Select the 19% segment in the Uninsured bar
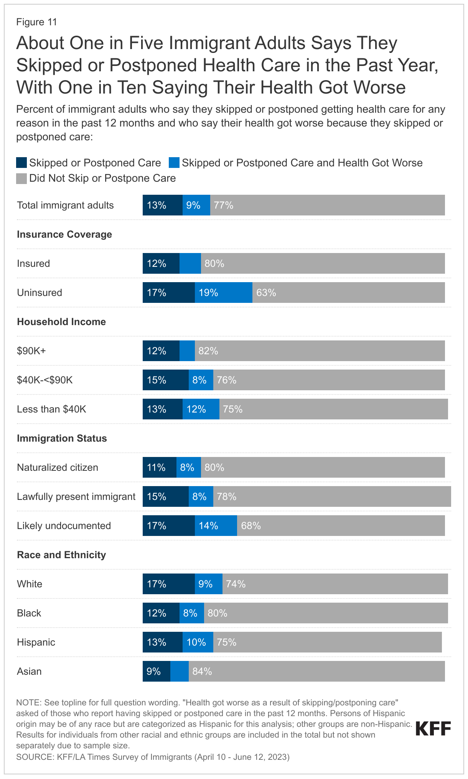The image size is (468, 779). click(x=223, y=293)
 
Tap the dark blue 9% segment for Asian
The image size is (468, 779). click(x=156, y=671)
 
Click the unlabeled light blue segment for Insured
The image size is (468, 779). click(x=190, y=263)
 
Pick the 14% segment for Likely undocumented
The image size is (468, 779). click(x=216, y=526)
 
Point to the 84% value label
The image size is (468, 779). click(x=202, y=671)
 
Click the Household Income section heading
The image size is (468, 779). click(x=61, y=322)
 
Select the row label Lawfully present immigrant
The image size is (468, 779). click(x=76, y=496)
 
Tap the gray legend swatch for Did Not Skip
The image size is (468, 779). click(x=21, y=178)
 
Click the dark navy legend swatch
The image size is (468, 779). click(x=21, y=163)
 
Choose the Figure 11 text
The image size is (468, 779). click(x=36, y=22)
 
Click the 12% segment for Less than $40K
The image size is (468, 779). click(x=201, y=409)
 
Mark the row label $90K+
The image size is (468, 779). click(x=31, y=351)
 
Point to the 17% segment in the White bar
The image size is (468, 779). click(x=168, y=584)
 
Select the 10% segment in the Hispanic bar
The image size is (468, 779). click(x=198, y=642)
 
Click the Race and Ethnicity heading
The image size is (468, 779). click(x=61, y=555)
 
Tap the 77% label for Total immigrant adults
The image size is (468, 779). click(x=224, y=205)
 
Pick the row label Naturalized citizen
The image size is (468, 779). click(x=58, y=467)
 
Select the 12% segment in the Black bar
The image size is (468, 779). click(x=161, y=613)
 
